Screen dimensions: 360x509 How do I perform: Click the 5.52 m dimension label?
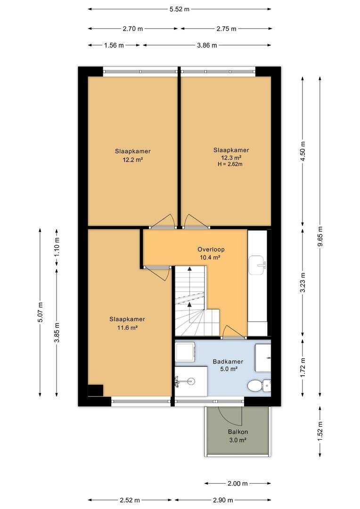[179, 9]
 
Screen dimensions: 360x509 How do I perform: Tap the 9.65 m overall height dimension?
[320, 236]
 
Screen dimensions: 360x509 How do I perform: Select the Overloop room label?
[211, 249]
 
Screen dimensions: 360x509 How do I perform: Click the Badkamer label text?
[228, 361]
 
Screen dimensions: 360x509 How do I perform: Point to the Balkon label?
[237, 432]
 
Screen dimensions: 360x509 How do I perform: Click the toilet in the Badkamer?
[259, 386]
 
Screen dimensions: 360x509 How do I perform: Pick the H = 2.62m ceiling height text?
[230, 164]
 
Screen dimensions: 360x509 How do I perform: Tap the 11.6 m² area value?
[127, 328]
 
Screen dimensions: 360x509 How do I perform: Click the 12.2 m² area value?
[133, 160]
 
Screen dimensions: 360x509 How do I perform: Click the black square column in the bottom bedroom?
[96, 391]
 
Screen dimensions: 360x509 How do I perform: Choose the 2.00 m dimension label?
[237, 484]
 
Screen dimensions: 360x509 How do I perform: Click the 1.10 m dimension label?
[57, 246]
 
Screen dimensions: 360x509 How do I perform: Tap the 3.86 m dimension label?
[207, 45]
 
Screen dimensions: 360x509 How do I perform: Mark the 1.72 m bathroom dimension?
[303, 368]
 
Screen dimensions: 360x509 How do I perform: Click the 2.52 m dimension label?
[130, 500]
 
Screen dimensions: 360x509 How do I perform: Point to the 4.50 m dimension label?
[303, 151]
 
